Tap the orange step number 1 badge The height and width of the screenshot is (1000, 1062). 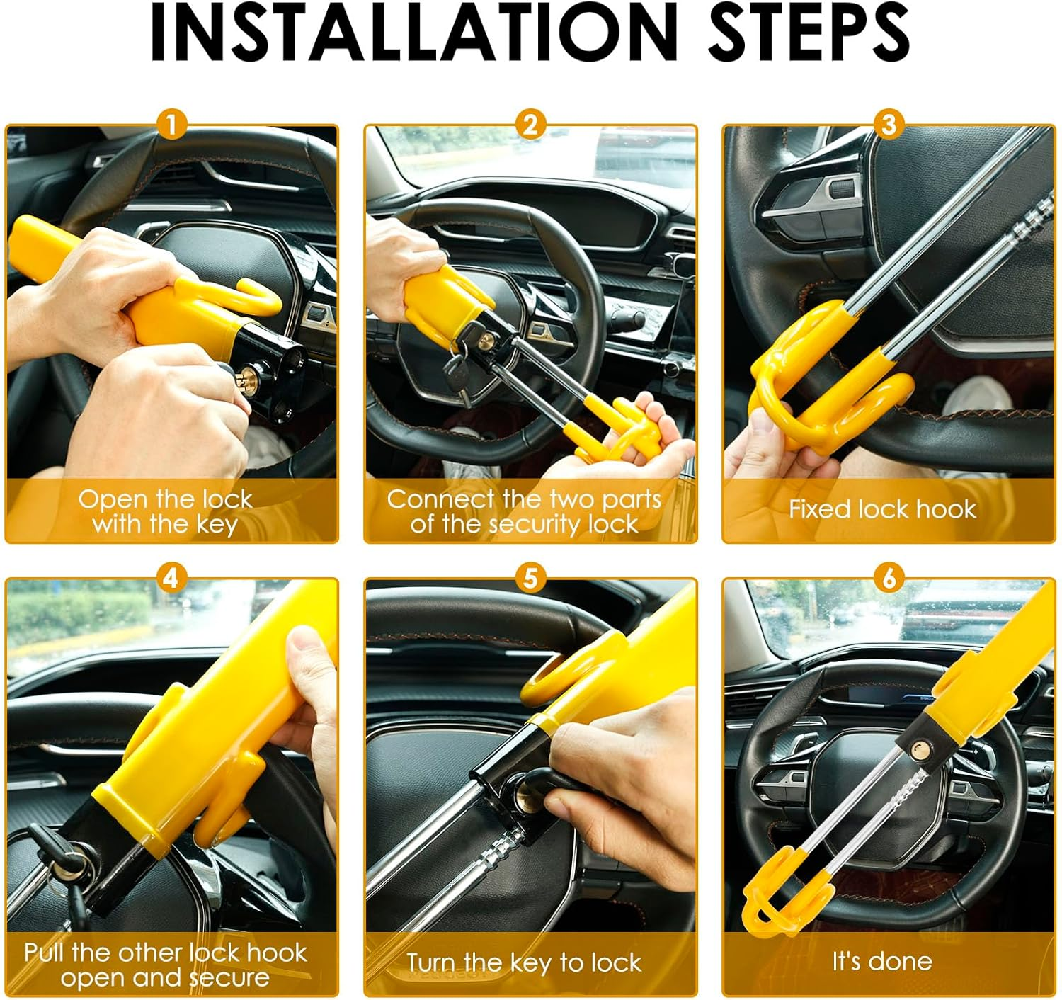(x=171, y=125)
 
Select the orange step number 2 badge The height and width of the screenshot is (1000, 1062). (x=530, y=125)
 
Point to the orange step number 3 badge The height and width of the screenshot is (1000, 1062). (x=889, y=125)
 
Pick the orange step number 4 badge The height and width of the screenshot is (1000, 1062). (x=171, y=578)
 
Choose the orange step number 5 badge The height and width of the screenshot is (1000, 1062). (x=530, y=578)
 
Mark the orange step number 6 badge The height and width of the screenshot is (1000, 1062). (x=889, y=578)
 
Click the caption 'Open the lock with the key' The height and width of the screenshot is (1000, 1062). (x=165, y=511)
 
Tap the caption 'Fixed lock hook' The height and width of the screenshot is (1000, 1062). (x=882, y=509)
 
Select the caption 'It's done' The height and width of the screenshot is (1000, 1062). (x=882, y=961)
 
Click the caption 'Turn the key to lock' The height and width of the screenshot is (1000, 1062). (x=524, y=962)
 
